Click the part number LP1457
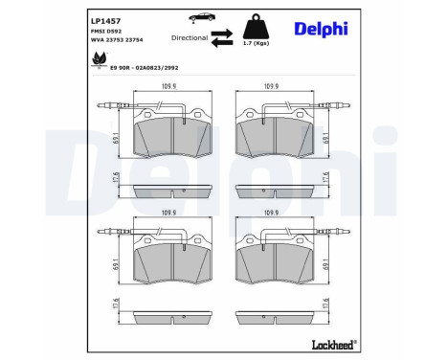(100, 18)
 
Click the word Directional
(190, 37)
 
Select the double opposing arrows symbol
(223, 37)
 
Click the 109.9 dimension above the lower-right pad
(272, 214)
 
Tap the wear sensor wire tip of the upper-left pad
(104, 105)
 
